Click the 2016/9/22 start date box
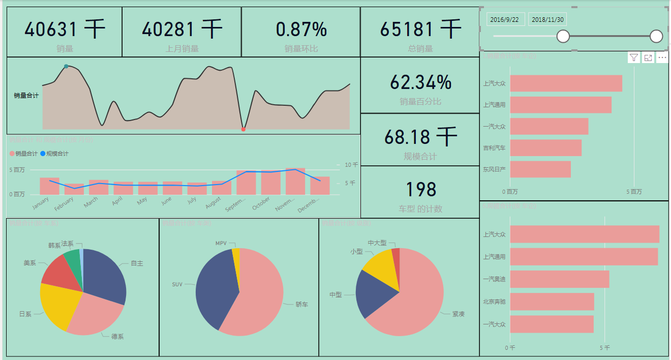point(505,20)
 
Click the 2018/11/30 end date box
point(547,20)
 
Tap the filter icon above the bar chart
point(633,57)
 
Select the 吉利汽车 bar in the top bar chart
point(545,148)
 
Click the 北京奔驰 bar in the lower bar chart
point(552,302)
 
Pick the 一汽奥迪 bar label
point(494,279)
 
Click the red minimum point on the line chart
point(243,129)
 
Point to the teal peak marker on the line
point(66,67)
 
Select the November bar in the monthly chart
point(295,181)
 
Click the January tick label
point(41,203)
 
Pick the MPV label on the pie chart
point(221,244)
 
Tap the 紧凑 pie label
point(458,314)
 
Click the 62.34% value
point(420,82)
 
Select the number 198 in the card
point(420,189)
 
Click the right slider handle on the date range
point(656,36)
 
